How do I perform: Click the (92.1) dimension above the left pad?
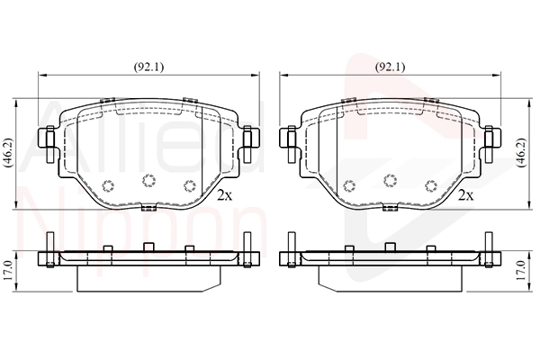(148, 67)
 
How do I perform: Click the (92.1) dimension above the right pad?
(390, 67)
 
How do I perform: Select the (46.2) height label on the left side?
(7, 153)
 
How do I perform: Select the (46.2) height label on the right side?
(522, 153)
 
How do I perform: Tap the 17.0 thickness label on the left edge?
(8, 270)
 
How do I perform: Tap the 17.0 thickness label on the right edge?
(521, 270)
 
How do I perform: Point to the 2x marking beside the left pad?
(225, 195)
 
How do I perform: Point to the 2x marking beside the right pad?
(466, 195)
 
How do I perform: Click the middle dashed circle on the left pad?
(148, 181)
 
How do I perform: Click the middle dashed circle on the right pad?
(391, 181)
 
